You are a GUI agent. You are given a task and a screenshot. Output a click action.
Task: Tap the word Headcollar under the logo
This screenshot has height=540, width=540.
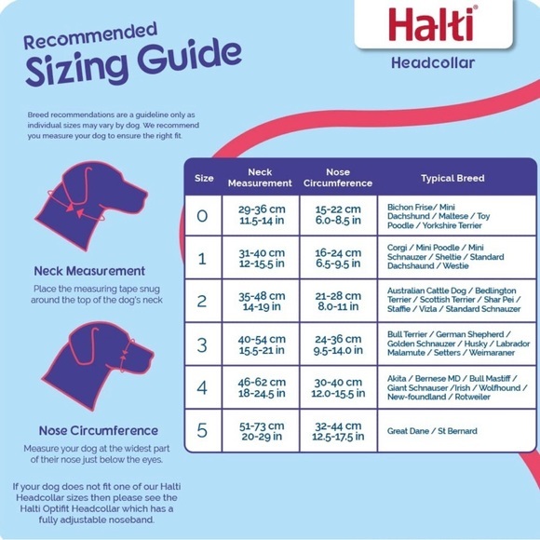pos(434,63)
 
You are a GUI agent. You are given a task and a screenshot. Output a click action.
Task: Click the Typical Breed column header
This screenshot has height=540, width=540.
pos(452,178)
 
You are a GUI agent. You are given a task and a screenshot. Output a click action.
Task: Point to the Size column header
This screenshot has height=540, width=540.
pos(204,178)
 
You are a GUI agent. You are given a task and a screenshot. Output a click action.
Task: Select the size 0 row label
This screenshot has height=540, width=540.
pos(204,215)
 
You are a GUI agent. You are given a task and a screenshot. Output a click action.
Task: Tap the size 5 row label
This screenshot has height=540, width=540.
pos(204,430)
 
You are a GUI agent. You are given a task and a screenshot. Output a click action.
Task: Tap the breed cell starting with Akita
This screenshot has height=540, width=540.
pos(452,387)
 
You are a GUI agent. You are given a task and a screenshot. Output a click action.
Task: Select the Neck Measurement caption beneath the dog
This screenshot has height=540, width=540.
pos(89,270)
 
